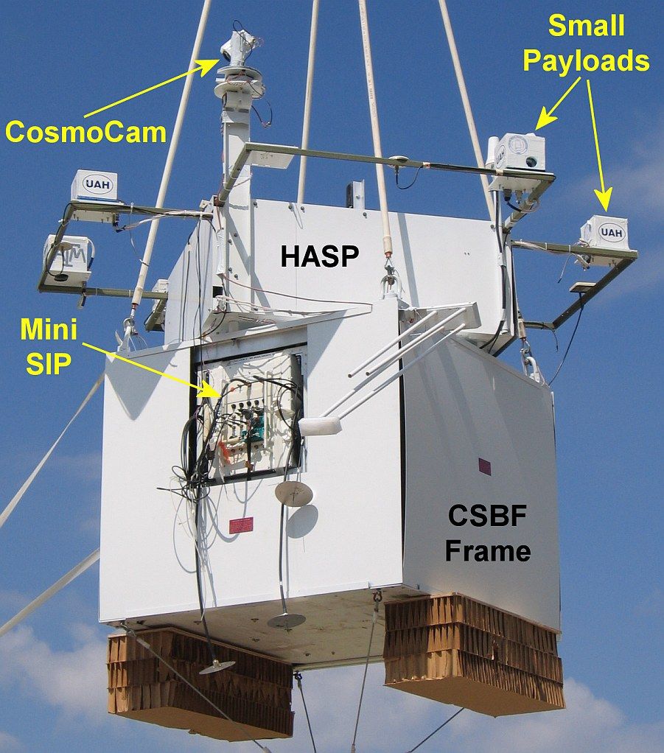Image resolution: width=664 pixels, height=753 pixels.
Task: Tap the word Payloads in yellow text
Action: (x=587, y=60)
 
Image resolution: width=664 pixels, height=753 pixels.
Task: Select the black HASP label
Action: (x=319, y=256)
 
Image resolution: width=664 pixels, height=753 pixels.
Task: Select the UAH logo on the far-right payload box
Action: (x=610, y=233)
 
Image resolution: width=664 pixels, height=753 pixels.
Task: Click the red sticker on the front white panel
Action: (x=241, y=525)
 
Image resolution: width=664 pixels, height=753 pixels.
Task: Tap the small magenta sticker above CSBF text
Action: (x=485, y=466)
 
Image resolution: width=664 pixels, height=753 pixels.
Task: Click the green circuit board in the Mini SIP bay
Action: (x=253, y=430)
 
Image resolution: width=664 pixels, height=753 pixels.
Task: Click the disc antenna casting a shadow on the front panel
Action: (x=293, y=494)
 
